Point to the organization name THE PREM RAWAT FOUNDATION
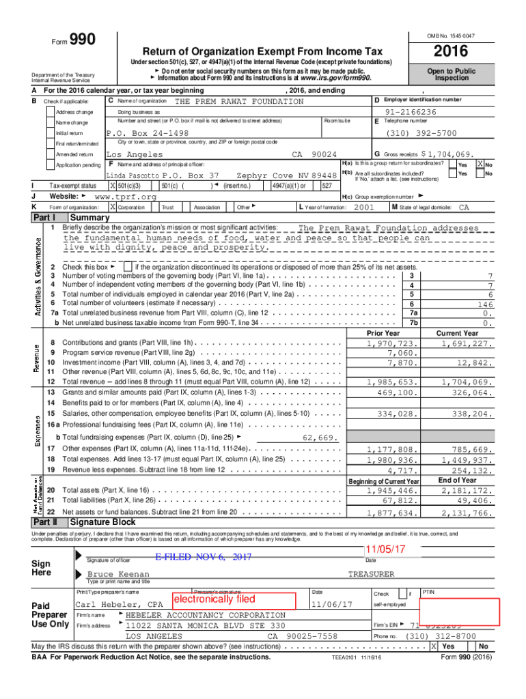(239, 102)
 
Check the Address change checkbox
(51, 112)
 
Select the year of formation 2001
(364, 207)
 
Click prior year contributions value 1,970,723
(392, 343)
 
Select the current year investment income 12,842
(474, 363)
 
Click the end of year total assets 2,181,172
(466, 490)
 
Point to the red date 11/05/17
(385, 549)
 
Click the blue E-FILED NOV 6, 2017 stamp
(203, 557)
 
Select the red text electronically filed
(214, 599)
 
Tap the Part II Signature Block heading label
(99, 522)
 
